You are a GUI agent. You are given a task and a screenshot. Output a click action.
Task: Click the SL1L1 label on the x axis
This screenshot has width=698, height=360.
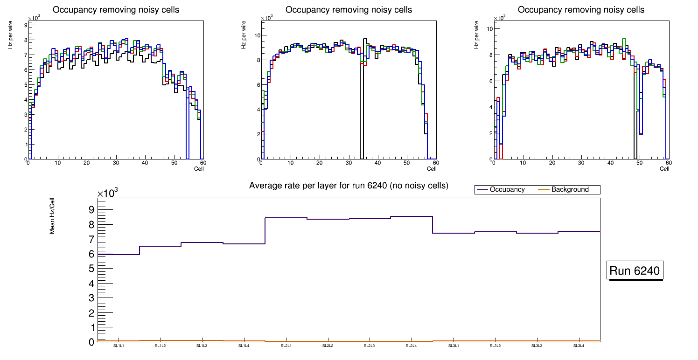pyautogui.click(x=119, y=346)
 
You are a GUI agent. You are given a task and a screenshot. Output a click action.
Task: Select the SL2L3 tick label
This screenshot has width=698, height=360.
pyautogui.click(x=370, y=346)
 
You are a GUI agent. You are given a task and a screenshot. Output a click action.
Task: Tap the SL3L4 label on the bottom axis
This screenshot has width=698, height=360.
pyautogui.click(x=579, y=346)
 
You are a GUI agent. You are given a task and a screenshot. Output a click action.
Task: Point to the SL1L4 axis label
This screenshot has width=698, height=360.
pyautogui.click(x=244, y=346)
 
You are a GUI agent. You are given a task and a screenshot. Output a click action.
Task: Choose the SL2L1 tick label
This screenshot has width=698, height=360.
pyautogui.click(x=286, y=346)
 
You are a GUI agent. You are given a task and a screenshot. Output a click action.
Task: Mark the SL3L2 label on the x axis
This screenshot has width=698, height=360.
pyautogui.click(x=495, y=346)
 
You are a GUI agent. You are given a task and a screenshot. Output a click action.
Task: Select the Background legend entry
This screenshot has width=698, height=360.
pyautogui.click(x=570, y=190)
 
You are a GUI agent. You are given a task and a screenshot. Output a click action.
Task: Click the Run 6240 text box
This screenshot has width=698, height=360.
pyautogui.click(x=635, y=271)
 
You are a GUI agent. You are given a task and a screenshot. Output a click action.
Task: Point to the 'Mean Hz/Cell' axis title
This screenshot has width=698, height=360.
pyautogui.click(x=53, y=215)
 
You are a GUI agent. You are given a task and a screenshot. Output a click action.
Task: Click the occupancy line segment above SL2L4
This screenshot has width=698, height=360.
pyautogui.click(x=412, y=216)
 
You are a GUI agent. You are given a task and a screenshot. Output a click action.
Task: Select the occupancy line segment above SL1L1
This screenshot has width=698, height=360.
pyautogui.click(x=119, y=254)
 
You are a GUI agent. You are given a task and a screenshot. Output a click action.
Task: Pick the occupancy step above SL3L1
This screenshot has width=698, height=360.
pyautogui.click(x=453, y=233)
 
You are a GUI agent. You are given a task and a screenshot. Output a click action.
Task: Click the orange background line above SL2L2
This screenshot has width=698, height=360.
pyautogui.click(x=328, y=341)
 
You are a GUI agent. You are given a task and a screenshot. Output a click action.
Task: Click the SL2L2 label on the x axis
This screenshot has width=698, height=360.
pyautogui.click(x=328, y=346)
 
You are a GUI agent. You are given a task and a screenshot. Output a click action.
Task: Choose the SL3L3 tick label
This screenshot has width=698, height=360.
pyautogui.click(x=537, y=346)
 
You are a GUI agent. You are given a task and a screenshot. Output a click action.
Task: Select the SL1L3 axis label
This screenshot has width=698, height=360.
pyautogui.click(x=202, y=346)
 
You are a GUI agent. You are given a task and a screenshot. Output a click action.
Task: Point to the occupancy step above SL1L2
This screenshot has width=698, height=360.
pyautogui.click(x=161, y=246)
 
